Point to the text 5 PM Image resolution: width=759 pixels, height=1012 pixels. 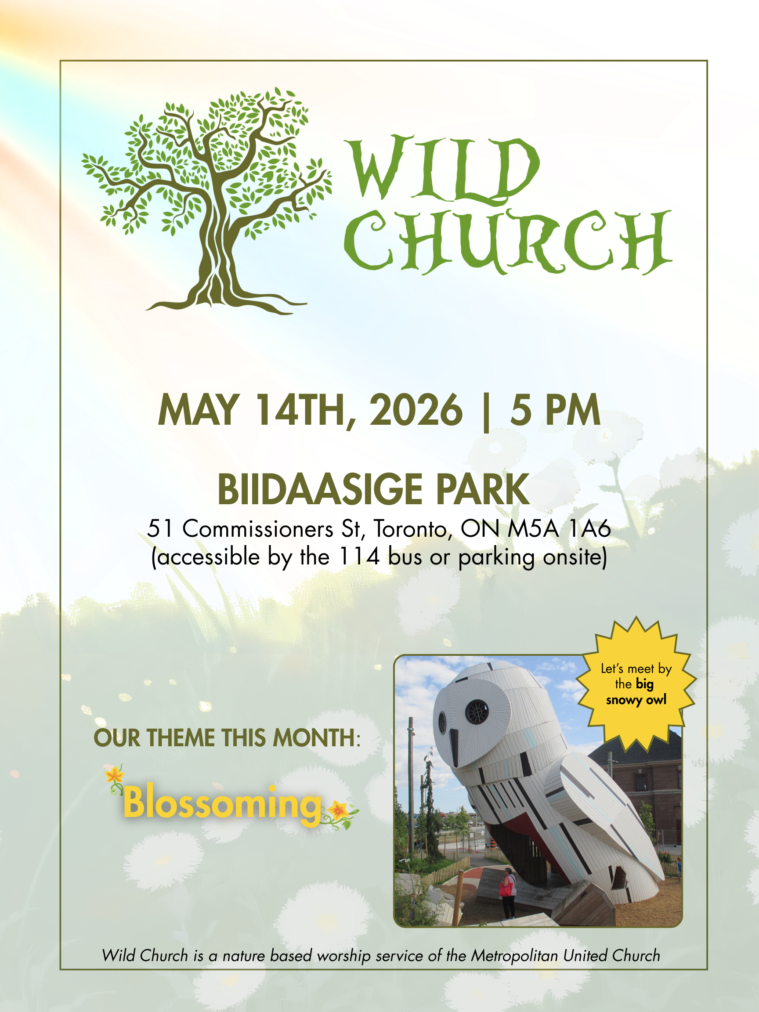[x=555, y=410]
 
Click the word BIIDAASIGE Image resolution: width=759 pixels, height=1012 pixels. [x=320, y=490]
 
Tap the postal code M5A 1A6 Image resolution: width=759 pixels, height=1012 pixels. [x=559, y=529]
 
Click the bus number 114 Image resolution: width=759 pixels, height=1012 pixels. [x=360, y=557]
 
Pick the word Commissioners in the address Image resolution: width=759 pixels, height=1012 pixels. [x=258, y=529]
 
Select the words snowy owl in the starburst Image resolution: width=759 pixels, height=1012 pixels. [x=636, y=701]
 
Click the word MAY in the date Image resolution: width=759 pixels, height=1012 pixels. [x=198, y=410]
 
